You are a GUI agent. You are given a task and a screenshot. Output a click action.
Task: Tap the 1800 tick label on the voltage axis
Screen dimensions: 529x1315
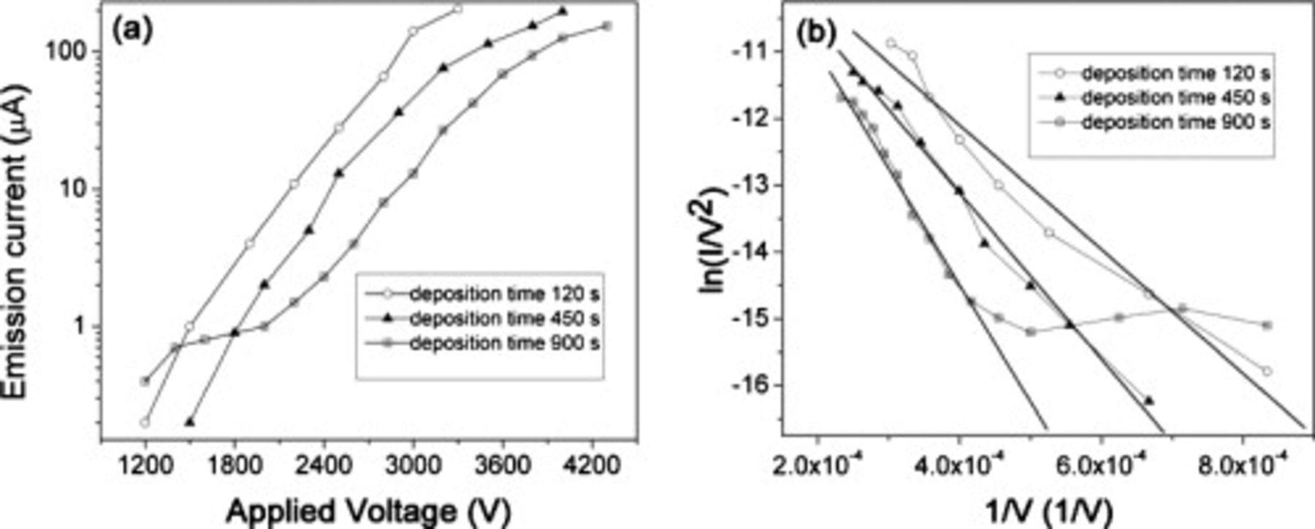(235, 465)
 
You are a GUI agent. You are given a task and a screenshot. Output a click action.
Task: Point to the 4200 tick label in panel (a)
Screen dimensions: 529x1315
(592, 465)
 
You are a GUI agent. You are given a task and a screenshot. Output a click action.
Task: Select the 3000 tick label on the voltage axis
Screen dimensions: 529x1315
(413, 465)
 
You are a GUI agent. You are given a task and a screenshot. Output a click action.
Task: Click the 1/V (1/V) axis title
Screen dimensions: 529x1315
(1049, 511)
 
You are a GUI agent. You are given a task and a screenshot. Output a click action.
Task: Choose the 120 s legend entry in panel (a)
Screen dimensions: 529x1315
(504, 294)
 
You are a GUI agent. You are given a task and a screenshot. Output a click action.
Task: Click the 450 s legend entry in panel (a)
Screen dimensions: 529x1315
(504, 319)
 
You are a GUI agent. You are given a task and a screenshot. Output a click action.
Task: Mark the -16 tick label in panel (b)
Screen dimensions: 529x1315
(753, 385)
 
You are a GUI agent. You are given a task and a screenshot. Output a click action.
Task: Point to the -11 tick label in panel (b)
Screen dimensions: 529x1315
(753, 52)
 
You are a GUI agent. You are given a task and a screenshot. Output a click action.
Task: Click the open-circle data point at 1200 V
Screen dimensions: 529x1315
(145, 422)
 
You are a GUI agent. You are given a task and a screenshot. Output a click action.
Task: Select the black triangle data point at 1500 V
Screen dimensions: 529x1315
(190, 422)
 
